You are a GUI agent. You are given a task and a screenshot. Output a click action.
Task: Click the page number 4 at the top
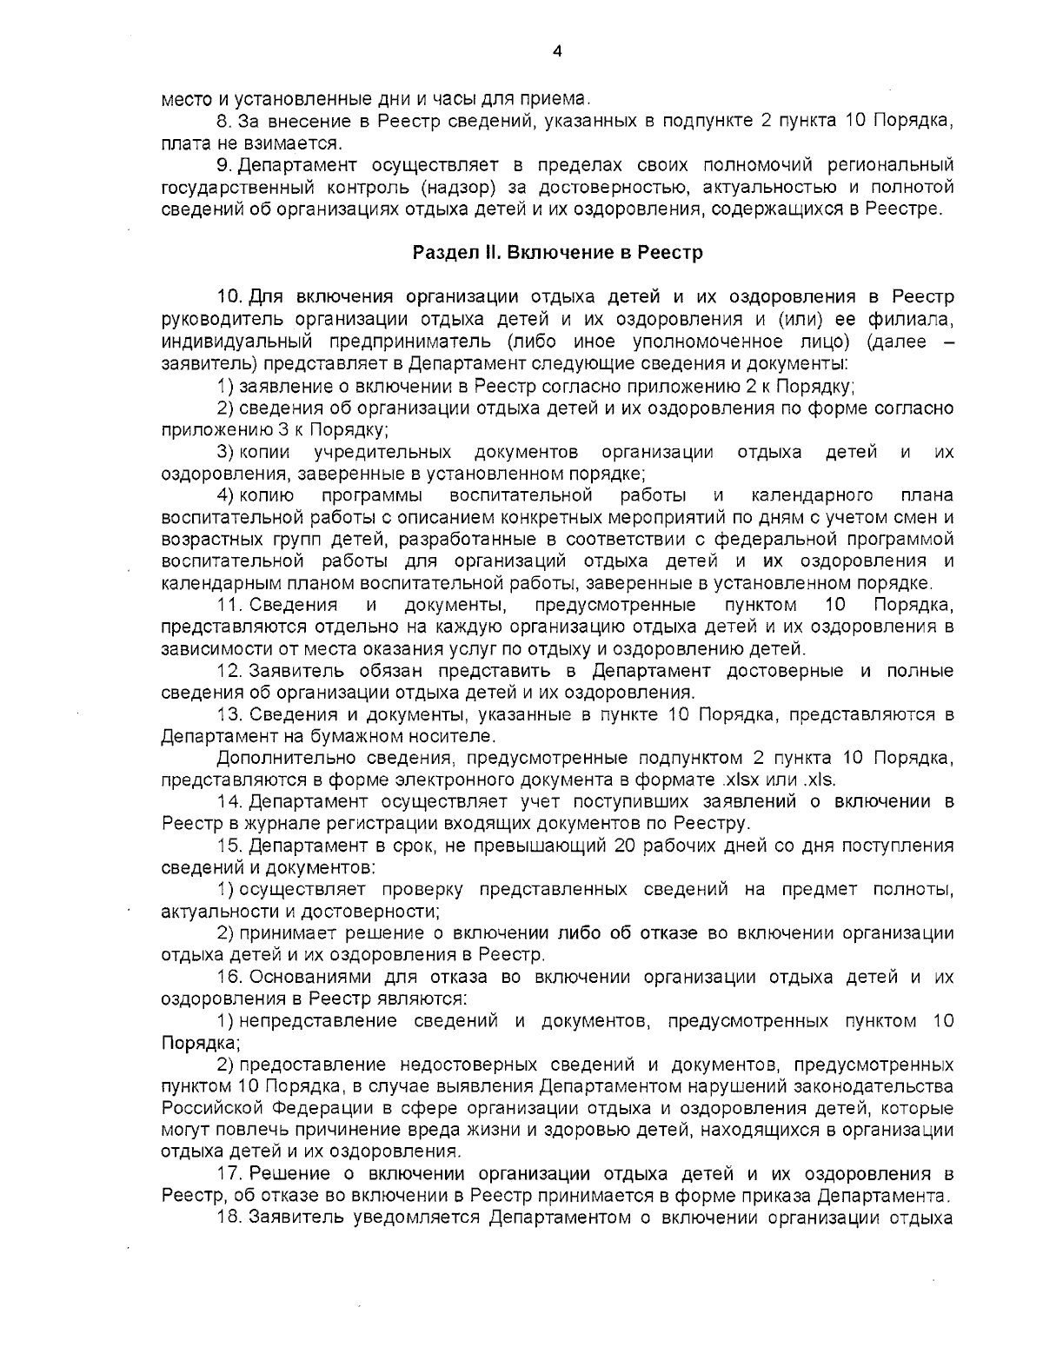(x=557, y=51)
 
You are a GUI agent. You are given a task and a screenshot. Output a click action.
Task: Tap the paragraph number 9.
(x=223, y=165)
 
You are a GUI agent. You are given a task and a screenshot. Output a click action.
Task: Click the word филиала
(x=922, y=319)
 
